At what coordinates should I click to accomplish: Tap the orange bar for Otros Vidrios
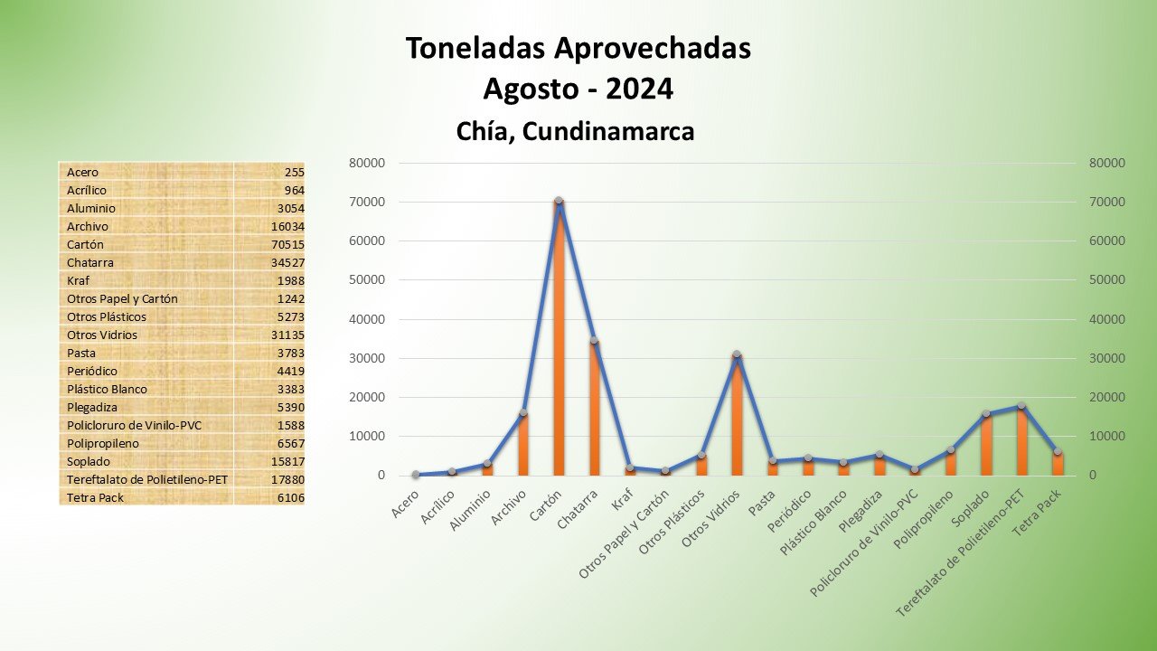[737, 416]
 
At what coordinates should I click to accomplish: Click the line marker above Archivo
[523, 413]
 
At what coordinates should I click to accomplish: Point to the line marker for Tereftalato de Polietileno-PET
[1021, 406]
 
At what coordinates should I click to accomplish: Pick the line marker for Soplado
[986, 414]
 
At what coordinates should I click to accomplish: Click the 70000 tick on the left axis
[367, 202]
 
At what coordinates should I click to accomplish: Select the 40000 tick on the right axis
[1107, 319]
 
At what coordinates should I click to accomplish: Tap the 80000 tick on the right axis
[1107, 163]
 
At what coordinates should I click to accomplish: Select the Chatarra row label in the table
[90, 262]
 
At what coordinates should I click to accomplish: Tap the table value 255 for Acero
[294, 172]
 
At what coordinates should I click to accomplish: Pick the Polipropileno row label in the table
[101, 443]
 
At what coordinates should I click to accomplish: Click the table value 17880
[288, 479]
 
